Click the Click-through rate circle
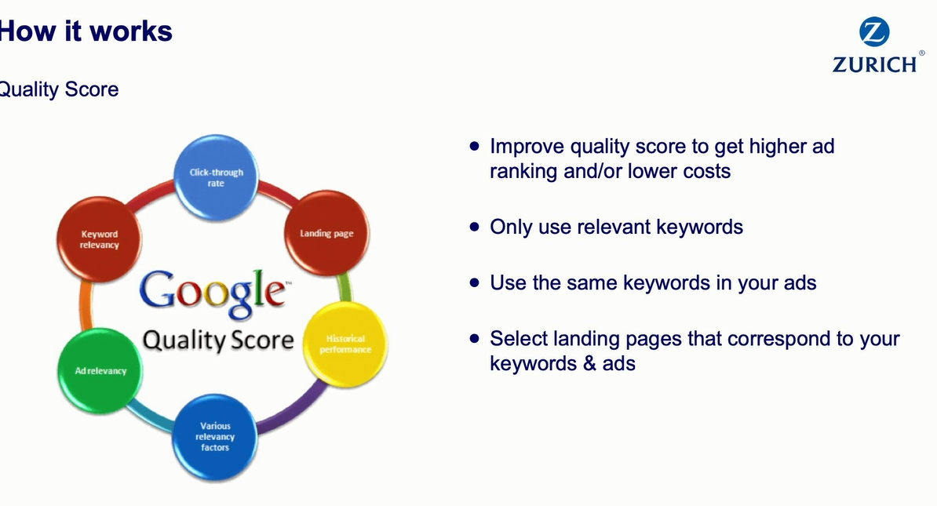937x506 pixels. pos(216,177)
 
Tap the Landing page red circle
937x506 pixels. pos(326,233)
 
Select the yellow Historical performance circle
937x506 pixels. pos(345,344)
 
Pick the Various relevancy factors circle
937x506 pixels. pos(215,437)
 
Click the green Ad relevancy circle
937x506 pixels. pos(100,371)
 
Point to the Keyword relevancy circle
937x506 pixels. pos(99,239)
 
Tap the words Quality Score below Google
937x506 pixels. pos(218,340)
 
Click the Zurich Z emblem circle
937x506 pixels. pos(874,31)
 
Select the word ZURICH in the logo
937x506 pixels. pos(875,64)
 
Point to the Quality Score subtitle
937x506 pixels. pos(59,89)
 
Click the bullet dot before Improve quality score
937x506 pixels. pos(475,145)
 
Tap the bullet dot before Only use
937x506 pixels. pos(475,227)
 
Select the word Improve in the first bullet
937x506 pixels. pos(527,147)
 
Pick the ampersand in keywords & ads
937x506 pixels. pos(590,363)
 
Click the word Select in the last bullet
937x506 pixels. pos(519,339)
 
